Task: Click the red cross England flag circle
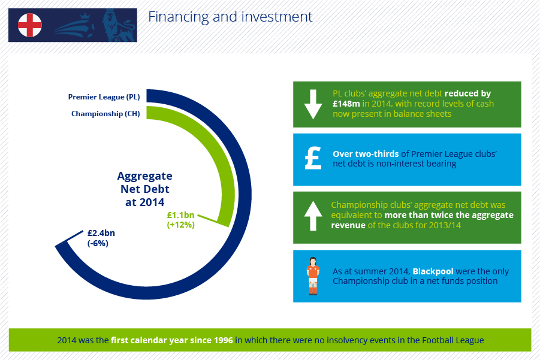point(30,25)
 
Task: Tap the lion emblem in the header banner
point(118,26)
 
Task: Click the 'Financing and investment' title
point(230,17)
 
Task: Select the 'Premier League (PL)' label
point(104,96)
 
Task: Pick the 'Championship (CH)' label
point(105,114)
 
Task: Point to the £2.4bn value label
point(101,233)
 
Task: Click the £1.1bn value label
point(180,215)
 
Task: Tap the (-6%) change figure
point(98,243)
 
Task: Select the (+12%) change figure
point(181,225)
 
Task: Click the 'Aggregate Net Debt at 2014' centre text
point(144,189)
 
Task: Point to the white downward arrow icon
point(313,104)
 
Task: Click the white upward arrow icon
point(313,216)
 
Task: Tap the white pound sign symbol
point(313,158)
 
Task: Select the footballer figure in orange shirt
point(313,276)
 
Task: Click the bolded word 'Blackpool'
point(433,271)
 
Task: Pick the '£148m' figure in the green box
point(346,104)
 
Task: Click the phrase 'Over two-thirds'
point(366,154)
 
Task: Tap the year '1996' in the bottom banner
point(223,340)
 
